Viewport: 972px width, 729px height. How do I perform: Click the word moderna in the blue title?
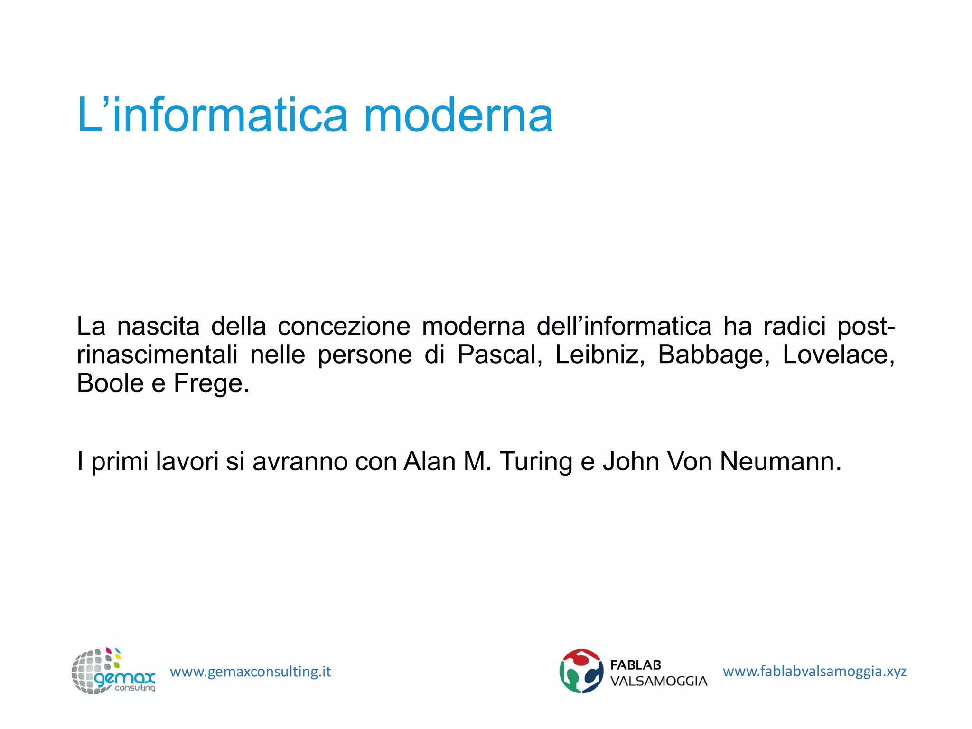[x=458, y=115]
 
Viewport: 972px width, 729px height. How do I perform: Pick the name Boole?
[x=110, y=383]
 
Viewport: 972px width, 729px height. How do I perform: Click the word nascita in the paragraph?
[x=159, y=327]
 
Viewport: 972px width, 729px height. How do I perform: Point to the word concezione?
[x=344, y=327]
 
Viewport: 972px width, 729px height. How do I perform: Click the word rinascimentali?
[x=157, y=355]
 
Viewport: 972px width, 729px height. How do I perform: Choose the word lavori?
[x=187, y=461]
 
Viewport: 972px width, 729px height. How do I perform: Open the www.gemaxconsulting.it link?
[x=250, y=672]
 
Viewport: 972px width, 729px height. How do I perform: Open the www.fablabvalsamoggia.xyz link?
[x=814, y=671]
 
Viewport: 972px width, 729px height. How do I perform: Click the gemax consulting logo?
[x=113, y=671]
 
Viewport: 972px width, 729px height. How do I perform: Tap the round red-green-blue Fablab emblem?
[x=581, y=671]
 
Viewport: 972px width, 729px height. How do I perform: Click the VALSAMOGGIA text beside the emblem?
[x=658, y=681]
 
